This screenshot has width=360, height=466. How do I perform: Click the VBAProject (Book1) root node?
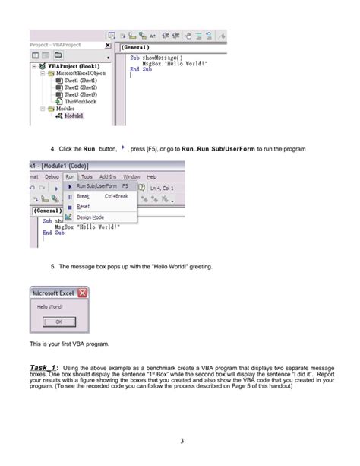[73, 65]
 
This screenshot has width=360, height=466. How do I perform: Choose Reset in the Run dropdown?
[83, 206]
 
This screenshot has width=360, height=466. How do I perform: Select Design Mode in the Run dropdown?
[90, 217]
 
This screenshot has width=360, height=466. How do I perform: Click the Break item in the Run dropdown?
[83, 196]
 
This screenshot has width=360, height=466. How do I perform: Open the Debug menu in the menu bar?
[52, 176]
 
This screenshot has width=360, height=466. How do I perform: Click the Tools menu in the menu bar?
[87, 176]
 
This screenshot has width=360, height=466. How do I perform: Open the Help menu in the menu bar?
[151, 176]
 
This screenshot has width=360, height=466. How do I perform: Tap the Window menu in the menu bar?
[131, 176]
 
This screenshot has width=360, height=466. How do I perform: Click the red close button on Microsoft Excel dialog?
[83, 293]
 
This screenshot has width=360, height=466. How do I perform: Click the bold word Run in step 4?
[89, 148]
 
